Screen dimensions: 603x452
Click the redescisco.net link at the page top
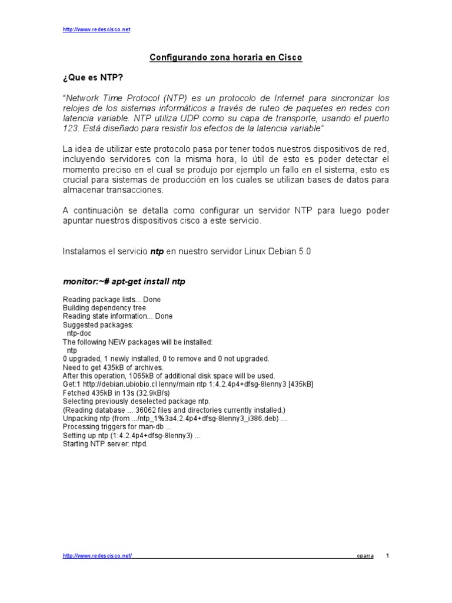pos(96,29)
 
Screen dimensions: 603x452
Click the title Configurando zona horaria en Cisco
pos(226,58)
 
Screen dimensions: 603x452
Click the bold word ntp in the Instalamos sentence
pos(157,251)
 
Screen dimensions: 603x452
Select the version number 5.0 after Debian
pos(304,251)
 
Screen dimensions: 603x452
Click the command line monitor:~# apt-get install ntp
pos(124,281)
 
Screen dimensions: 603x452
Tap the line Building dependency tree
pos(104,308)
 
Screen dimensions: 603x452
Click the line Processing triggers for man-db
pos(117,426)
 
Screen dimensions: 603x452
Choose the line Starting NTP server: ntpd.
pos(105,444)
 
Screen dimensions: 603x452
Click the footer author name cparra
pos(365,556)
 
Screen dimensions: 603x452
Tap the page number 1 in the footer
pos(387,556)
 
